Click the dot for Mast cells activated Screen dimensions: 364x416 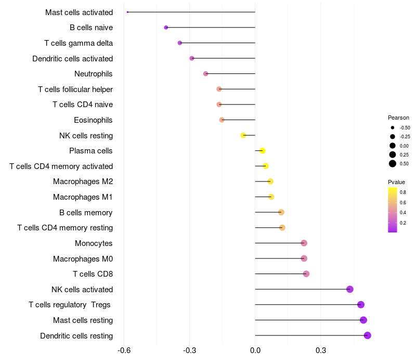(x=127, y=12)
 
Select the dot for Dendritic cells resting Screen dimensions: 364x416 (x=368, y=335)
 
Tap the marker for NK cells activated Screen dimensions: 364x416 (x=350, y=289)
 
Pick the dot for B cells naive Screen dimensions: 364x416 (x=166, y=28)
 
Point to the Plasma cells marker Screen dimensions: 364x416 (x=263, y=151)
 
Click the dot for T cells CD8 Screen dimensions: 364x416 (x=306, y=274)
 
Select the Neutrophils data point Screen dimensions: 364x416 (x=205, y=74)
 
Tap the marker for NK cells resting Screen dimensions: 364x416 (x=243, y=135)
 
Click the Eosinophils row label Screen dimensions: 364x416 (x=93, y=120)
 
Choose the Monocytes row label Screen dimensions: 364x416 (x=94, y=243)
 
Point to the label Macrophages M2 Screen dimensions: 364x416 (x=83, y=181)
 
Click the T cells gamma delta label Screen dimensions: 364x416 (x=79, y=43)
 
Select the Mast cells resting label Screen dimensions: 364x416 (x=83, y=320)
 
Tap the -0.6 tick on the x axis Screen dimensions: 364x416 (x=124, y=350)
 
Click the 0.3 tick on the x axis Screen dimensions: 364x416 (x=321, y=350)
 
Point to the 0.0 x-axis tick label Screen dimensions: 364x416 (x=255, y=350)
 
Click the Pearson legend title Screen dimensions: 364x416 (x=398, y=118)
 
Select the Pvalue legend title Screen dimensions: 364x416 (x=396, y=182)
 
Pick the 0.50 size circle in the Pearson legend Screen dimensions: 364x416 (x=393, y=164)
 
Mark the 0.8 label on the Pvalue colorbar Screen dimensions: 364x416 (x=403, y=192)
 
